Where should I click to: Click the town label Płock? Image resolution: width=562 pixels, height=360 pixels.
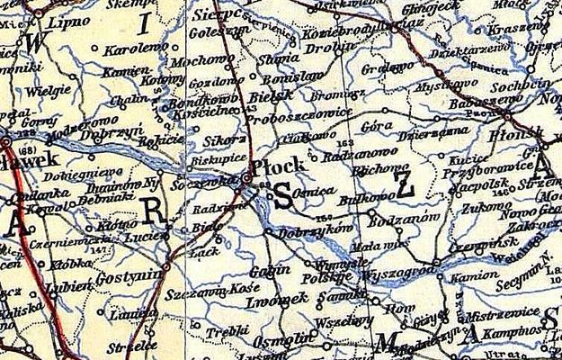point(281,166)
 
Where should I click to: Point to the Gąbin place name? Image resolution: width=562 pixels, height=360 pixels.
point(267,270)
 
